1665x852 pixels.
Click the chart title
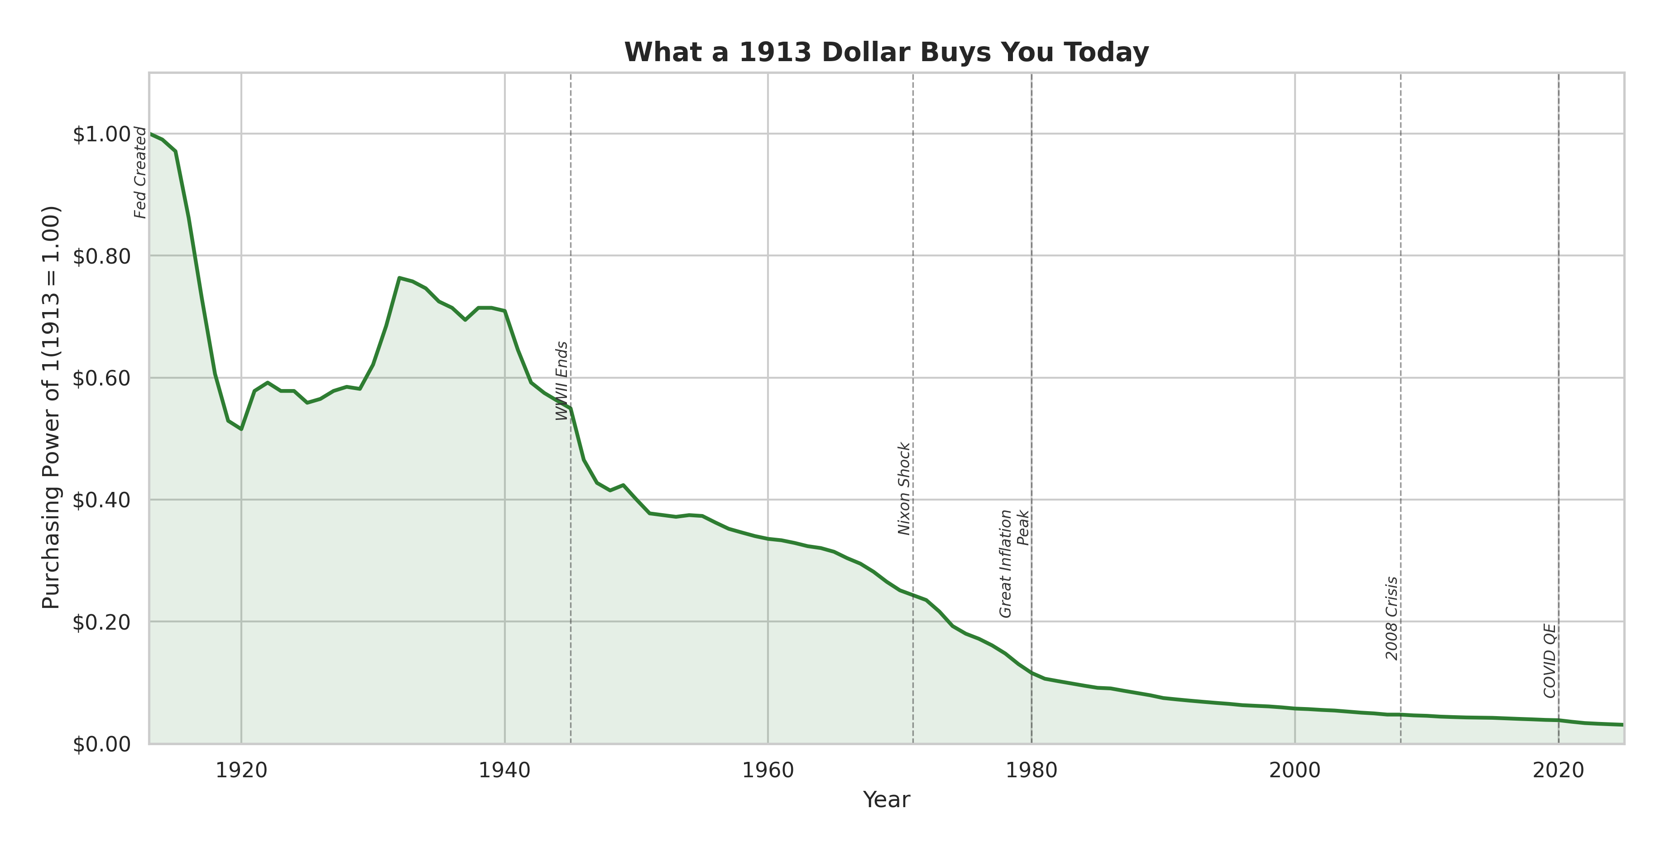pyautogui.click(x=886, y=53)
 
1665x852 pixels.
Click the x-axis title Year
pyautogui.click(x=886, y=799)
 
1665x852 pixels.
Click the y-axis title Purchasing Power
pyautogui.click(x=51, y=407)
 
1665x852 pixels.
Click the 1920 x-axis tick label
pyautogui.click(x=241, y=770)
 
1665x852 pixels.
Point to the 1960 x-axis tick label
pyautogui.click(x=768, y=770)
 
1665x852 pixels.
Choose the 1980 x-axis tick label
pyautogui.click(x=1032, y=770)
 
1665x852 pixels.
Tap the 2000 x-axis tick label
pyautogui.click(x=1295, y=770)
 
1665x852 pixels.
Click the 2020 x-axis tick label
pyautogui.click(x=1558, y=770)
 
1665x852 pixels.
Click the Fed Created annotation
pyautogui.click(x=140, y=173)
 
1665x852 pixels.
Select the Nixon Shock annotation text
pyautogui.click(x=904, y=489)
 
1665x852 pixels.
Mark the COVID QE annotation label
pyautogui.click(x=1549, y=661)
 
